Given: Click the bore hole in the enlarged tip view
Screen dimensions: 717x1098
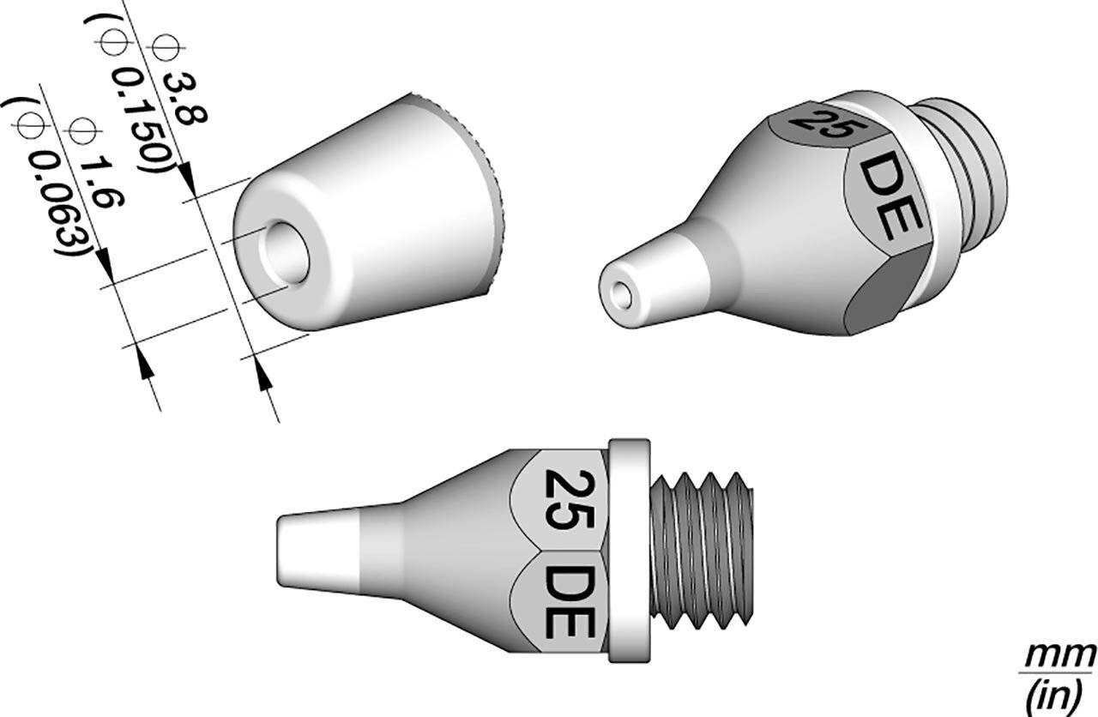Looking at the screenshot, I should click(283, 254).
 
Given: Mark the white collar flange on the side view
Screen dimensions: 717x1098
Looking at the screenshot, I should click(629, 549).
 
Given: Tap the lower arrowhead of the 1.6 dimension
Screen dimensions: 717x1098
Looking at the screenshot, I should click(147, 364).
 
